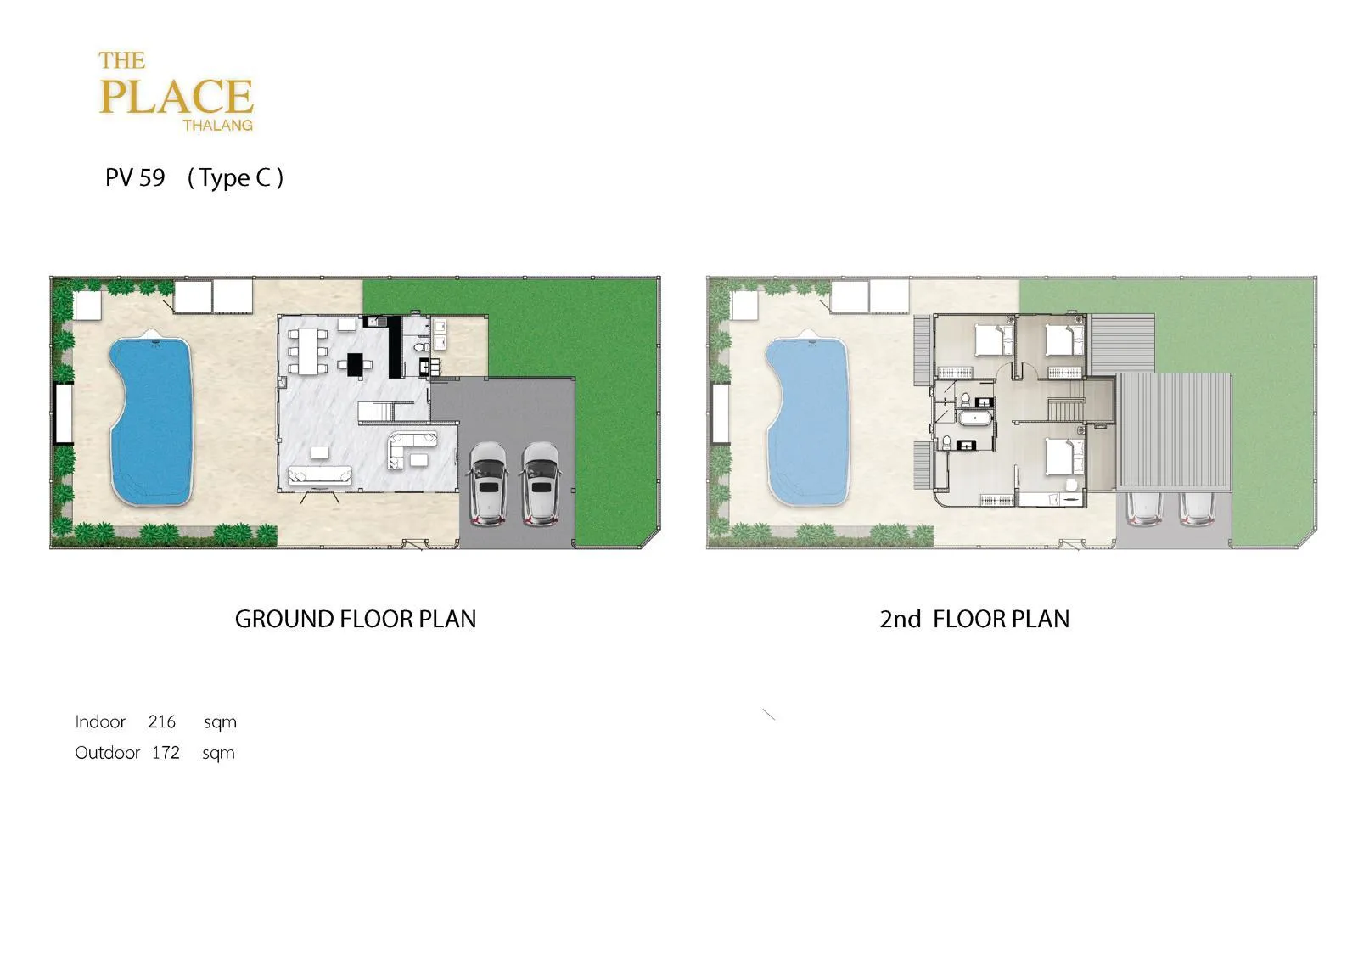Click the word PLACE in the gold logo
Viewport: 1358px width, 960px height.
(x=176, y=97)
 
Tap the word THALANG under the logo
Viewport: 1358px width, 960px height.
(x=217, y=126)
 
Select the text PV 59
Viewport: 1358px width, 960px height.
(x=135, y=177)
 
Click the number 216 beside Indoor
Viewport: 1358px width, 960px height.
(x=161, y=721)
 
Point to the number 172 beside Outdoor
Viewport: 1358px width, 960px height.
(x=166, y=753)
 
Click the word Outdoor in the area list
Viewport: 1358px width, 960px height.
(x=107, y=753)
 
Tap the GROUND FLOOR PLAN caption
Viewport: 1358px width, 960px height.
(x=356, y=619)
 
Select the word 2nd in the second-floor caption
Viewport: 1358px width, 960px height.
(x=901, y=619)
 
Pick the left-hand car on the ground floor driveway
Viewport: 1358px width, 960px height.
(x=488, y=483)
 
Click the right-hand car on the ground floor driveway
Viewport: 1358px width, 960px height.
(x=541, y=483)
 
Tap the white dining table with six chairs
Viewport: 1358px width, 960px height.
(x=308, y=351)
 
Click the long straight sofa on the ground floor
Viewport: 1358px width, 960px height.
(x=319, y=474)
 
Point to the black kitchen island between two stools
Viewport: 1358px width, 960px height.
(x=356, y=364)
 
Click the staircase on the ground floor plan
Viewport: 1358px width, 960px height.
(x=376, y=411)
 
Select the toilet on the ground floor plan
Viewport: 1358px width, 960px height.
(x=418, y=346)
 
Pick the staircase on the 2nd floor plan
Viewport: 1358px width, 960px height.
(x=1066, y=409)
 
